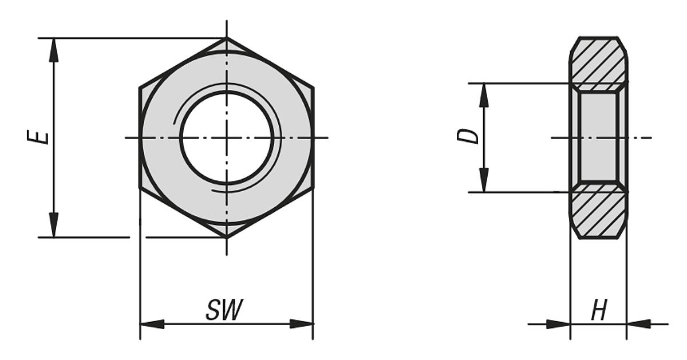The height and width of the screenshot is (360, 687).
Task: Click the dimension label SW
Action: pyautogui.click(x=224, y=310)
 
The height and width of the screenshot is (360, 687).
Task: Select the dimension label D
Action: pyautogui.click(x=471, y=136)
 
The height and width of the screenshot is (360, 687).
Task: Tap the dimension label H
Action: pyautogui.click(x=599, y=312)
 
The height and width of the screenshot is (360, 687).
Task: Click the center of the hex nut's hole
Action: pyautogui.click(x=227, y=137)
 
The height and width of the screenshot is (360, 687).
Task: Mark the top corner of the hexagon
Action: pyautogui.click(x=227, y=38)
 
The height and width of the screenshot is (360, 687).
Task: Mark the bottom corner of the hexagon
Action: pyautogui.click(x=227, y=237)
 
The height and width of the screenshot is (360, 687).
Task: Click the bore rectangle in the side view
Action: pyautogui.click(x=598, y=137)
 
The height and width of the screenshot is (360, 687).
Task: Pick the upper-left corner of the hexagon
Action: pyautogui.click(x=140, y=88)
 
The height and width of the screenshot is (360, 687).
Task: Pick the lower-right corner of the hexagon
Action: pyautogui.click(x=313, y=187)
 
